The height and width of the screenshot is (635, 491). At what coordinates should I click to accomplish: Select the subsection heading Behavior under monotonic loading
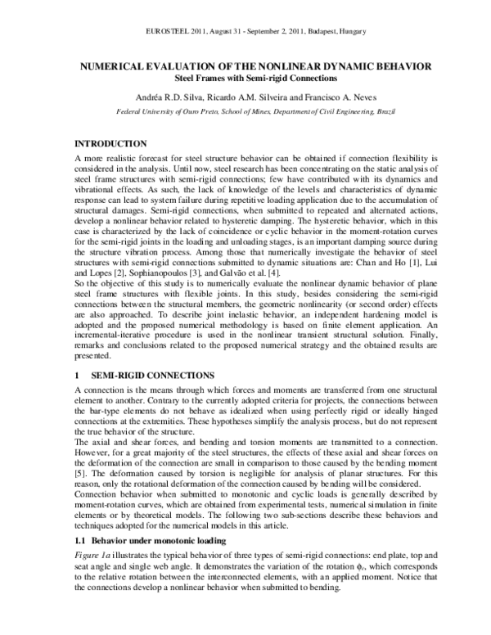pyautogui.click(x=155, y=565)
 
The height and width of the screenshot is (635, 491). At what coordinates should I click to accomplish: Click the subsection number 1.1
pyautogui.click(x=79, y=565)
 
